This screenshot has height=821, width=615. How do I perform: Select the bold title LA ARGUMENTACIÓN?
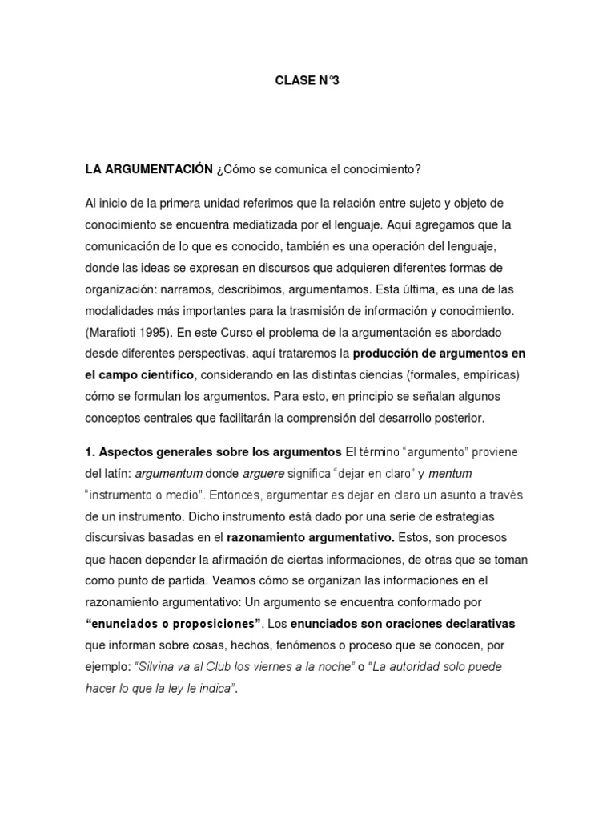coord(148,169)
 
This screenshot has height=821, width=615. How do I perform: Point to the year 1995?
coord(160,331)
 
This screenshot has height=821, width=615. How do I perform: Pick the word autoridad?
coord(432,667)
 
